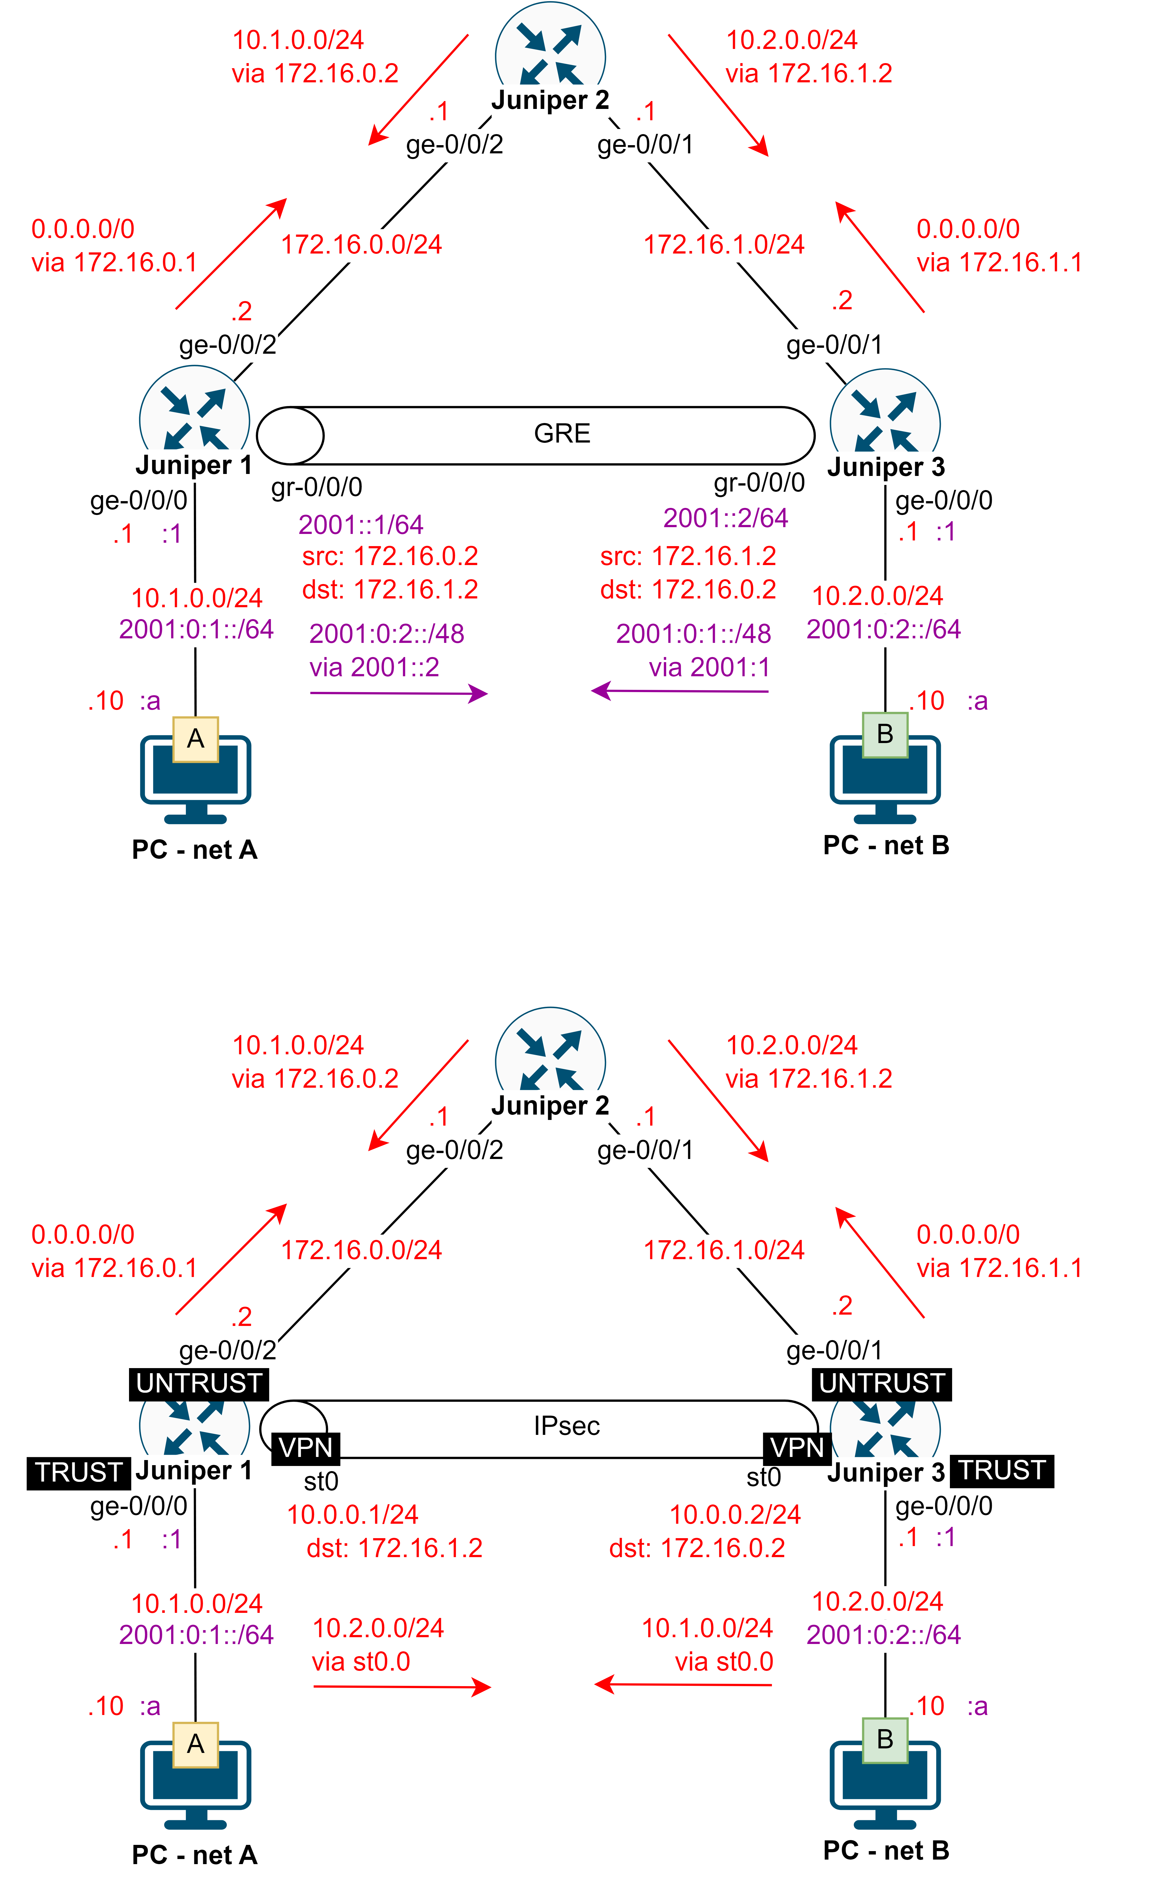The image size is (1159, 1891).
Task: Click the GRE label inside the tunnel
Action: (x=562, y=433)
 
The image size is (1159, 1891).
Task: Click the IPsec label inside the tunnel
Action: (x=566, y=1426)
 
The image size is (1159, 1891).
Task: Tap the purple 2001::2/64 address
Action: (x=725, y=518)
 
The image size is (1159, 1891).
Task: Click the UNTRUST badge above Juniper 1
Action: (x=199, y=1383)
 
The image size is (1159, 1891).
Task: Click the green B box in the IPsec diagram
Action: (x=885, y=1739)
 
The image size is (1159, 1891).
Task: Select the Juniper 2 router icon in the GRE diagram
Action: (x=550, y=54)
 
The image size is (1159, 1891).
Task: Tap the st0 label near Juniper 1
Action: (x=321, y=1481)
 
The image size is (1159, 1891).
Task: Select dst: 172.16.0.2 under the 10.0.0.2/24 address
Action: (x=697, y=1548)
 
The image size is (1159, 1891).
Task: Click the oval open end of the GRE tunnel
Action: (x=290, y=435)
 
